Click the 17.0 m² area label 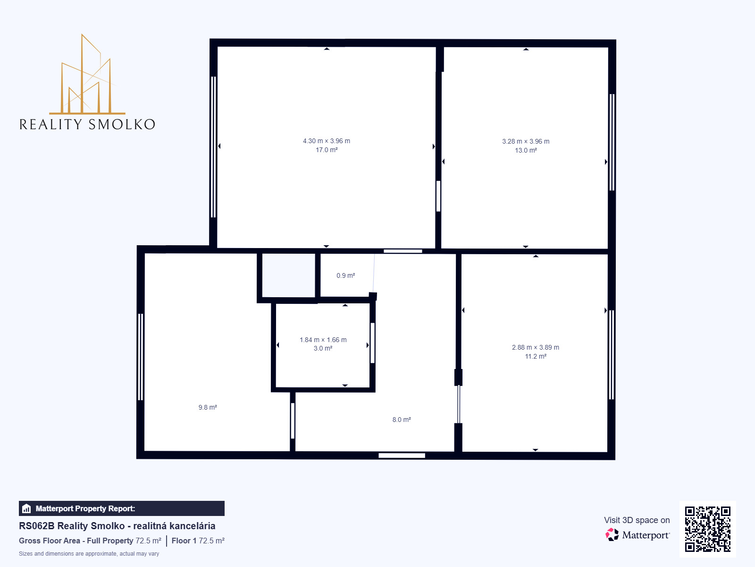coord(327,150)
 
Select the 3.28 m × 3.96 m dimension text coord(526,141)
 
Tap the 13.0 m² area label coord(526,150)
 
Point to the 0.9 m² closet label coord(346,275)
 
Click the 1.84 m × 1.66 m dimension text coord(323,340)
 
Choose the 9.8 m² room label coord(208,407)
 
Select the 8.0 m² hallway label coord(402,419)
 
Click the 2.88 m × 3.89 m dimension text coord(536,347)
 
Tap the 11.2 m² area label coord(536,356)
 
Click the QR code coord(707,529)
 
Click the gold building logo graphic coord(87,74)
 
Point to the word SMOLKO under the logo coord(122,124)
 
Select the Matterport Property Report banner coord(121,508)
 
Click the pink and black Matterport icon coord(612,535)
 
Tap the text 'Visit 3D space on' coord(637,520)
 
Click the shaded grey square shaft coord(289,275)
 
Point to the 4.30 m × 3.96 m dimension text coord(327,141)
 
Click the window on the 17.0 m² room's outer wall coord(213,147)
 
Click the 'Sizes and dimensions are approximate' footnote coord(89,554)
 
